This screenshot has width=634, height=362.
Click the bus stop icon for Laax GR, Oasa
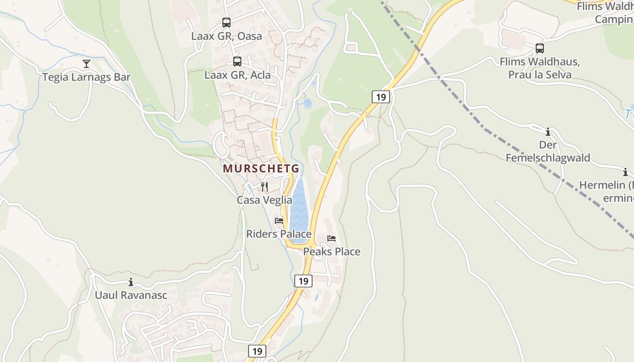[x=226, y=22]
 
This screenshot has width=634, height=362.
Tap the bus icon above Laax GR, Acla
[x=237, y=62]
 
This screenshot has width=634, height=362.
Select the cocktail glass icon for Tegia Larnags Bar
[x=86, y=64]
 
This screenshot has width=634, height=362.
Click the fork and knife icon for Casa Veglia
[x=264, y=186]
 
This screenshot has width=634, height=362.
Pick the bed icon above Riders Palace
[x=279, y=221]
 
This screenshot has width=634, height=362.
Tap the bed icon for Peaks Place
[x=331, y=238]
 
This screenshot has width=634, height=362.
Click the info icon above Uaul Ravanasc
[x=131, y=282]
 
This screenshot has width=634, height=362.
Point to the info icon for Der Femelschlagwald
[x=548, y=132]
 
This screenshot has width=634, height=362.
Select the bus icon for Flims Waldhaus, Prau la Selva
[x=539, y=48]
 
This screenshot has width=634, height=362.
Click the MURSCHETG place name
[x=261, y=169]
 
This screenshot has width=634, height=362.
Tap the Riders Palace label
[x=279, y=234]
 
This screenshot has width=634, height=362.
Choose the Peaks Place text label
[x=331, y=252]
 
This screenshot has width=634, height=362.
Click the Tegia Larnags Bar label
[x=86, y=77]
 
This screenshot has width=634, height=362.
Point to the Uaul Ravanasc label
[x=131, y=295]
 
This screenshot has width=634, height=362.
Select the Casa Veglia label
[x=264, y=200]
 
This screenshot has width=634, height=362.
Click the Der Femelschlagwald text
[x=548, y=151]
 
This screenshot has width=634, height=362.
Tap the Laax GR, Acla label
[x=237, y=75]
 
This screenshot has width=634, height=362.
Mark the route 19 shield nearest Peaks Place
[x=303, y=281]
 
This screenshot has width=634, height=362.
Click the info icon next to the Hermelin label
[x=625, y=172]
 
